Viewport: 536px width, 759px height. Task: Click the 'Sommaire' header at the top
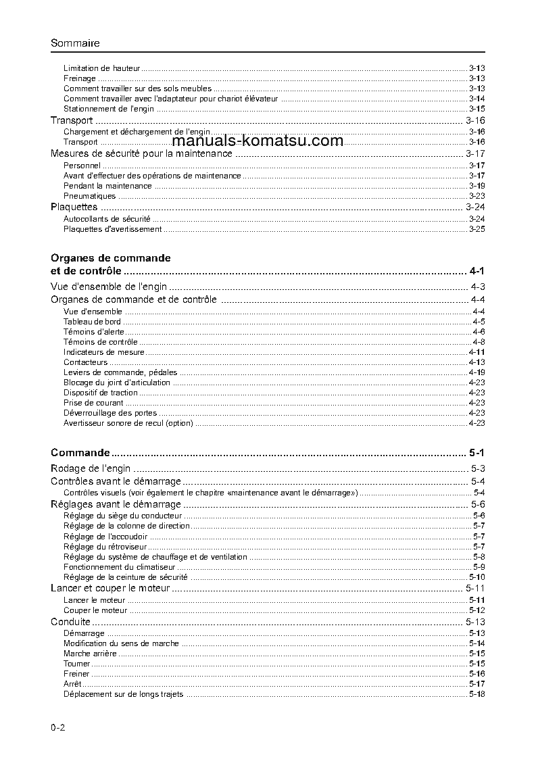[x=75, y=43]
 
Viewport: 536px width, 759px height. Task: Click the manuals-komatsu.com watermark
[x=258, y=141]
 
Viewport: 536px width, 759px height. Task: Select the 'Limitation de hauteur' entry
[x=101, y=68]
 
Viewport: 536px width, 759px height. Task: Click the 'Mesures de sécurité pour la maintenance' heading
[x=141, y=153]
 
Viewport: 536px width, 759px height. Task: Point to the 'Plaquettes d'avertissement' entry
[x=112, y=229]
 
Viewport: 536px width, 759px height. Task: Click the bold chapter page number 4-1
[x=477, y=271]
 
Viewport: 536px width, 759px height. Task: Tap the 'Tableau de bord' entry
[x=92, y=322]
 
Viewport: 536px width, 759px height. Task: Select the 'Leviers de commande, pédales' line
[x=120, y=372]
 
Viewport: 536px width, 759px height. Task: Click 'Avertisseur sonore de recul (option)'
[x=128, y=423]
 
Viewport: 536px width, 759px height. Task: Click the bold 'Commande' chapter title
[x=80, y=452]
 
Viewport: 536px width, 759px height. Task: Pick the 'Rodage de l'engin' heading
[x=91, y=468]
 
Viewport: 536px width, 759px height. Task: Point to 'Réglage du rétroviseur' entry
[x=105, y=546]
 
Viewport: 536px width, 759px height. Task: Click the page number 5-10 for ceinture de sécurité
[x=477, y=577]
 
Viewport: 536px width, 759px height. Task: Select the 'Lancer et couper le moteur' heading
[x=110, y=589]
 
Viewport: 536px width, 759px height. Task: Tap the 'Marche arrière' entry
[x=90, y=654]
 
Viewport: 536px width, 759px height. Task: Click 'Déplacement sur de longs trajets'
[x=123, y=694]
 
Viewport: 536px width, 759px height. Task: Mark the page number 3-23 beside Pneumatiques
[x=477, y=196]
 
